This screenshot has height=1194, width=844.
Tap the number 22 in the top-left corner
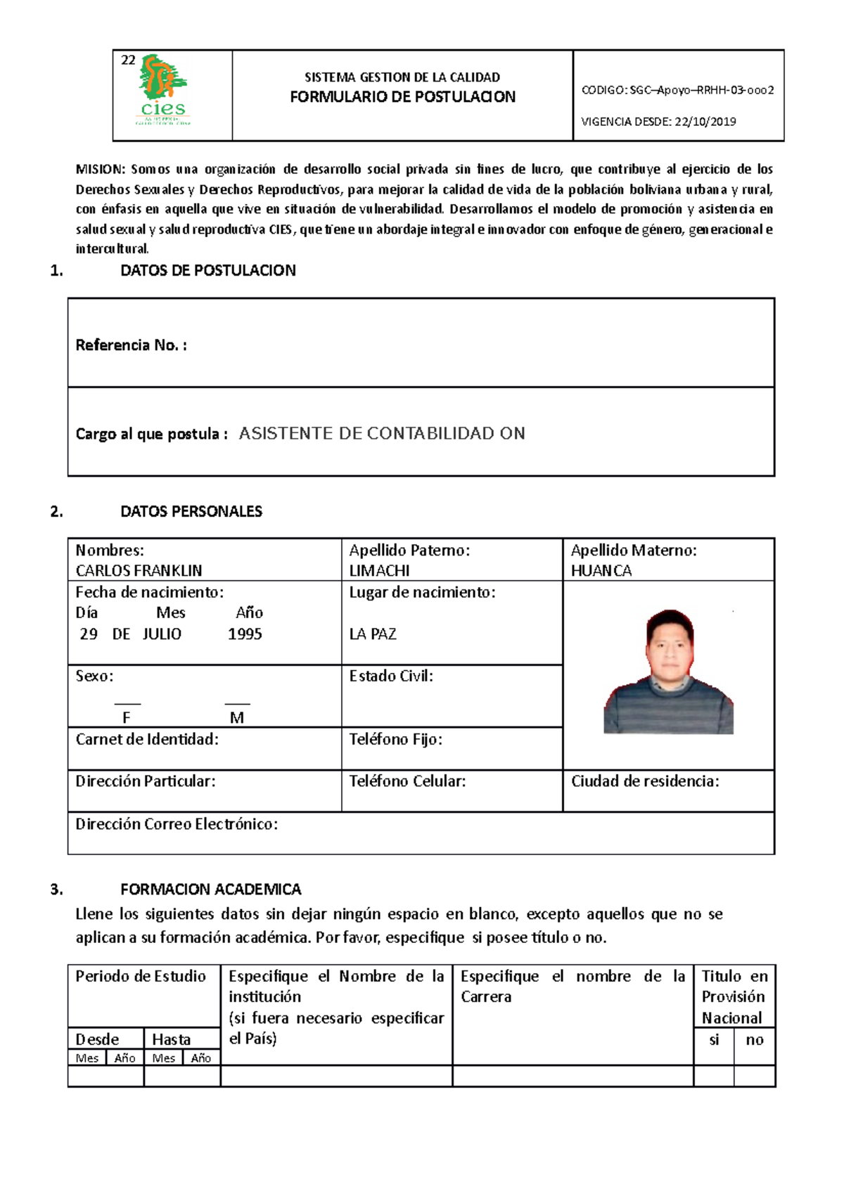pos(128,60)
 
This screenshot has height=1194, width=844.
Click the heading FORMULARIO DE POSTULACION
pos(402,97)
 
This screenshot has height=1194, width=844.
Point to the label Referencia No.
pos(131,345)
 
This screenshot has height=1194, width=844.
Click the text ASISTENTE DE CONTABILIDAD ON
pos(382,434)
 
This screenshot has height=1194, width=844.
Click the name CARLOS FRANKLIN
pos(139,570)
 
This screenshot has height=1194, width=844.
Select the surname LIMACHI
pos(379,570)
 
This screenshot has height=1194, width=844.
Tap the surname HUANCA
pos(601,570)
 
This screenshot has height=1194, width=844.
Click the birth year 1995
pos(245,634)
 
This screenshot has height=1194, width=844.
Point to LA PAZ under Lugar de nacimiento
pos(373,634)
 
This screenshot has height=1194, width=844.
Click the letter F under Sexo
pos(127,718)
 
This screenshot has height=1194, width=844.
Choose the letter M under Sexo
pos(237,718)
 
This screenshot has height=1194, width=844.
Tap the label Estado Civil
pos(391,676)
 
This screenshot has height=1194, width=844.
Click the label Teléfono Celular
pos(407,781)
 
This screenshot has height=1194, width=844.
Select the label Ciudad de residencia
pos(644,781)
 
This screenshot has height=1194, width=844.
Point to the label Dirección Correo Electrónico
pos(177,824)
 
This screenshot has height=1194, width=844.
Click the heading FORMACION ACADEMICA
pos(210,890)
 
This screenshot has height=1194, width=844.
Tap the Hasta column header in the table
pos(171,1039)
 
